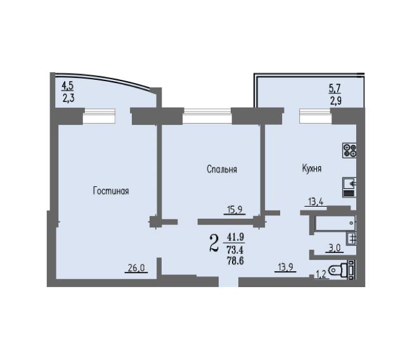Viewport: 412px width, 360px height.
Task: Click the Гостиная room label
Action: (x=111, y=191)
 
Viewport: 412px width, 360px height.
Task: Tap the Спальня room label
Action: (x=222, y=169)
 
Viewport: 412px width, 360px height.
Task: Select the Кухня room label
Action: (x=312, y=168)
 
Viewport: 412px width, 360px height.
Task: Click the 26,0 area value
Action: (x=136, y=267)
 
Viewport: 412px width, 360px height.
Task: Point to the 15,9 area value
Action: (x=235, y=209)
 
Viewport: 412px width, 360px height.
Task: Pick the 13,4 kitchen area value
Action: (x=316, y=202)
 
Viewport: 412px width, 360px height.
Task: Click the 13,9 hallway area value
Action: (x=286, y=267)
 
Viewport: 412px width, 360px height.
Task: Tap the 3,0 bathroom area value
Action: (x=335, y=248)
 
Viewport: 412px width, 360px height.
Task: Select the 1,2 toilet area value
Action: (x=321, y=274)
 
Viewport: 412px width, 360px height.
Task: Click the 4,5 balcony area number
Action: (x=68, y=86)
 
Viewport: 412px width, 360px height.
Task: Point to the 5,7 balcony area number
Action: (x=335, y=89)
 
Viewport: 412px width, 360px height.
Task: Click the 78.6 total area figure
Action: (x=235, y=260)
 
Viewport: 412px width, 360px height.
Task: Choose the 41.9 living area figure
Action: (x=236, y=237)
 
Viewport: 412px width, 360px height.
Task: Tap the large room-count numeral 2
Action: (x=214, y=243)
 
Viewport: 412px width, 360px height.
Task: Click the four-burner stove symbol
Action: (x=349, y=151)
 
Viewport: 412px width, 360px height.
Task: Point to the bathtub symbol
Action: (x=335, y=223)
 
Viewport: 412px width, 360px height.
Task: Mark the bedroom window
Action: (x=207, y=115)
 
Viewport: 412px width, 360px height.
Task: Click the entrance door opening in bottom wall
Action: (x=229, y=281)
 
